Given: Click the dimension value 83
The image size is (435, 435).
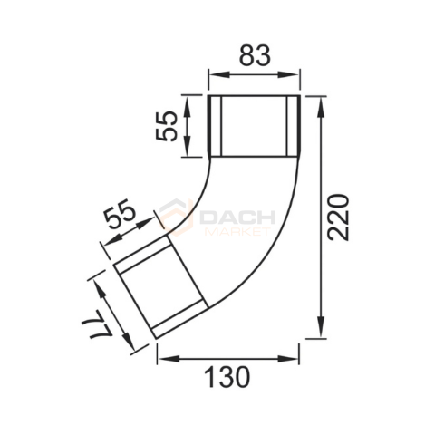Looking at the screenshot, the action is pyautogui.click(x=255, y=55).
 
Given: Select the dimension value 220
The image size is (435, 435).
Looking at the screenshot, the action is pyautogui.click(x=339, y=217).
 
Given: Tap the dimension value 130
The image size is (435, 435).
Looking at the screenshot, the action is pyautogui.click(x=227, y=377).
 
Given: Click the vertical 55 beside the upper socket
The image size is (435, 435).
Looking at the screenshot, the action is pyautogui.click(x=166, y=126).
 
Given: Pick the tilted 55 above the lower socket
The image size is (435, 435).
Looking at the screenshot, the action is pyautogui.click(x=119, y=214).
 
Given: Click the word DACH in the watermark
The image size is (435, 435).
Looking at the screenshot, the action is pyautogui.click(x=237, y=217).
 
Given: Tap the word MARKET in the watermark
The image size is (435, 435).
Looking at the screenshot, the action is pyautogui.click(x=237, y=232).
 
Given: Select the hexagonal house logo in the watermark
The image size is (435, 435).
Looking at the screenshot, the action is pyautogui.click(x=177, y=217).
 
